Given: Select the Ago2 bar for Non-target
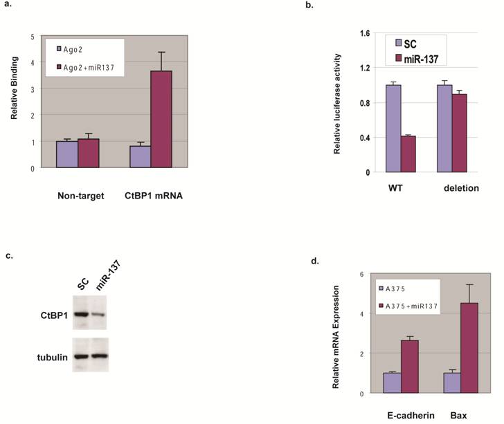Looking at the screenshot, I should [x=67, y=154].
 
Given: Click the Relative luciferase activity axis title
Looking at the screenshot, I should [x=337, y=102].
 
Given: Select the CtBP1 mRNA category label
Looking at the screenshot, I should [x=154, y=196].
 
